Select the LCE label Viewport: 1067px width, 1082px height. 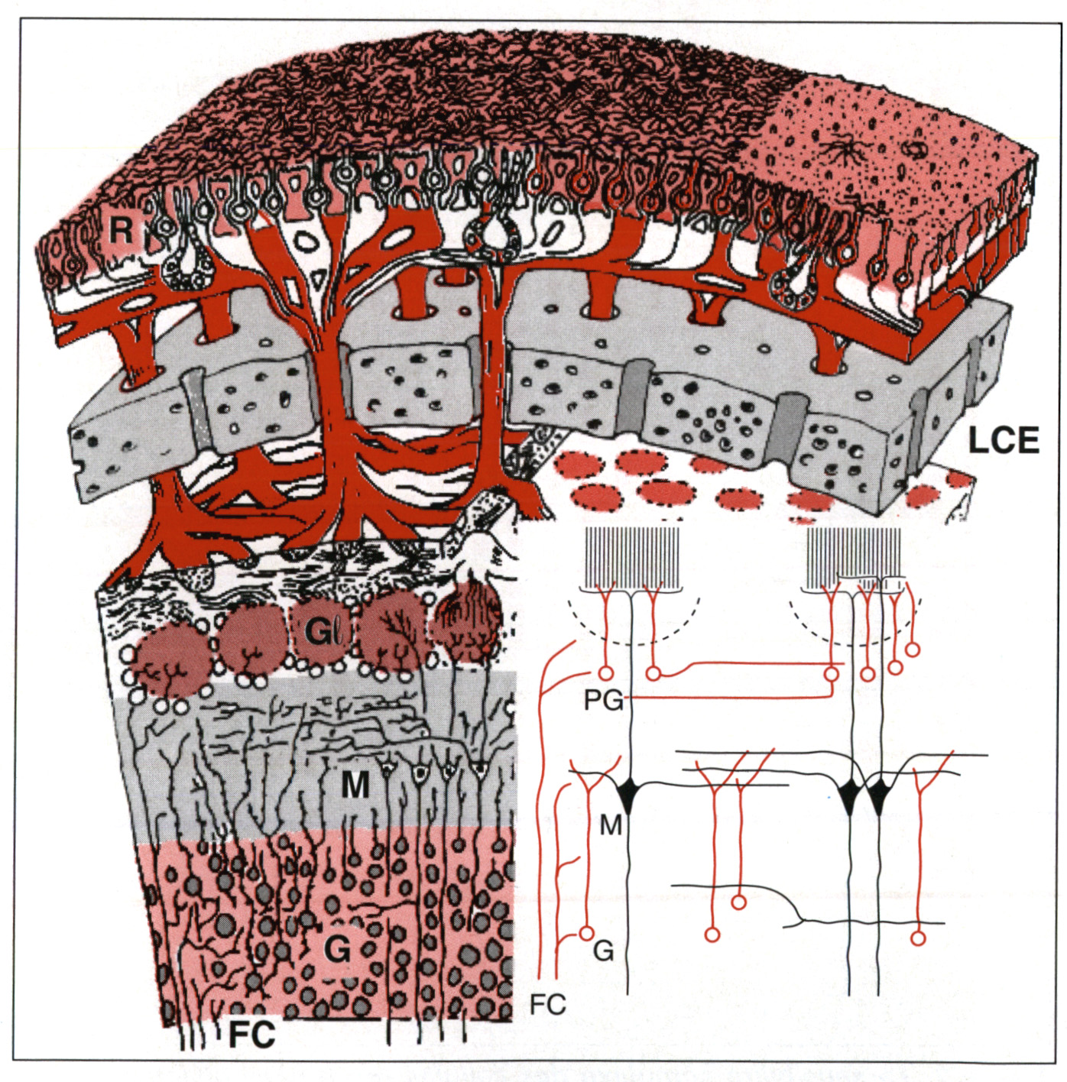pyautogui.click(x=1003, y=440)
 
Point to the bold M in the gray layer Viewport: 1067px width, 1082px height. pyautogui.click(x=355, y=785)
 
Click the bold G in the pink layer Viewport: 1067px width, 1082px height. pyautogui.click(x=337, y=950)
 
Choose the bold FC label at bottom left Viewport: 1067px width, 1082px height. pyautogui.click(x=251, y=1035)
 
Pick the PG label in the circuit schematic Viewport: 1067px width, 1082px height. pyautogui.click(x=604, y=700)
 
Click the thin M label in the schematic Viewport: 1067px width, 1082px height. pyautogui.click(x=610, y=825)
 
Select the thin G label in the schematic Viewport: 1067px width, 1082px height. pyautogui.click(x=604, y=951)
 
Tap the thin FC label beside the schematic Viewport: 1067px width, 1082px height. pyautogui.click(x=547, y=1004)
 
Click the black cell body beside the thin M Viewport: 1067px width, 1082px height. pyautogui.click(x=629, y=793)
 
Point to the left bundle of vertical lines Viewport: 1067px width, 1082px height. pyautogui.click(x=631, y=556)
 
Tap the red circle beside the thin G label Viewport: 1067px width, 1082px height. pyautogui.click(x=586, y=933)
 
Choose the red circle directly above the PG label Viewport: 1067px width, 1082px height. pyautogui.click(x=605, y=673)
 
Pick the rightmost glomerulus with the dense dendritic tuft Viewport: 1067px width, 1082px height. pyautogui.click(x=466, y=625)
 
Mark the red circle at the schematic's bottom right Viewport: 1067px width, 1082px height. pyautogui.click(x=917, y=937)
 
